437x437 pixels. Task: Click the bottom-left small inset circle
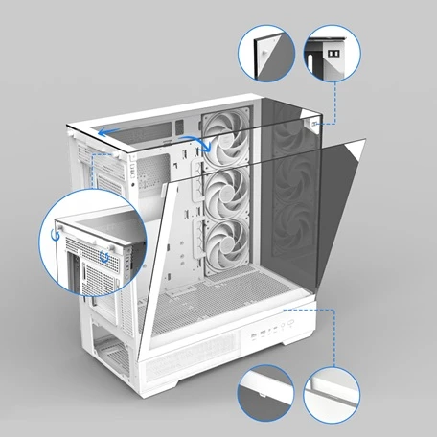[x=264, y=391]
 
